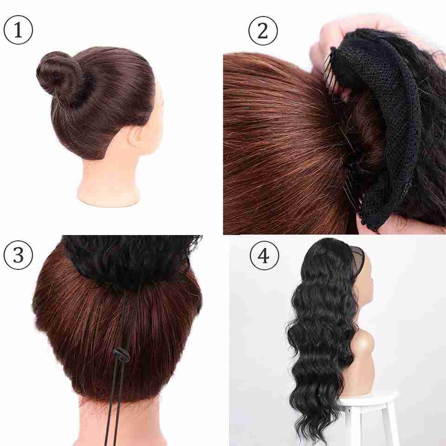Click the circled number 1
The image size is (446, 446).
[x=18, y=30]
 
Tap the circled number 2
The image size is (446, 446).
[x=263, y=31]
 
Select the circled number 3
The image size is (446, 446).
[x=18, y=255]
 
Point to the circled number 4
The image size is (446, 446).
[x=264, y=256]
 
